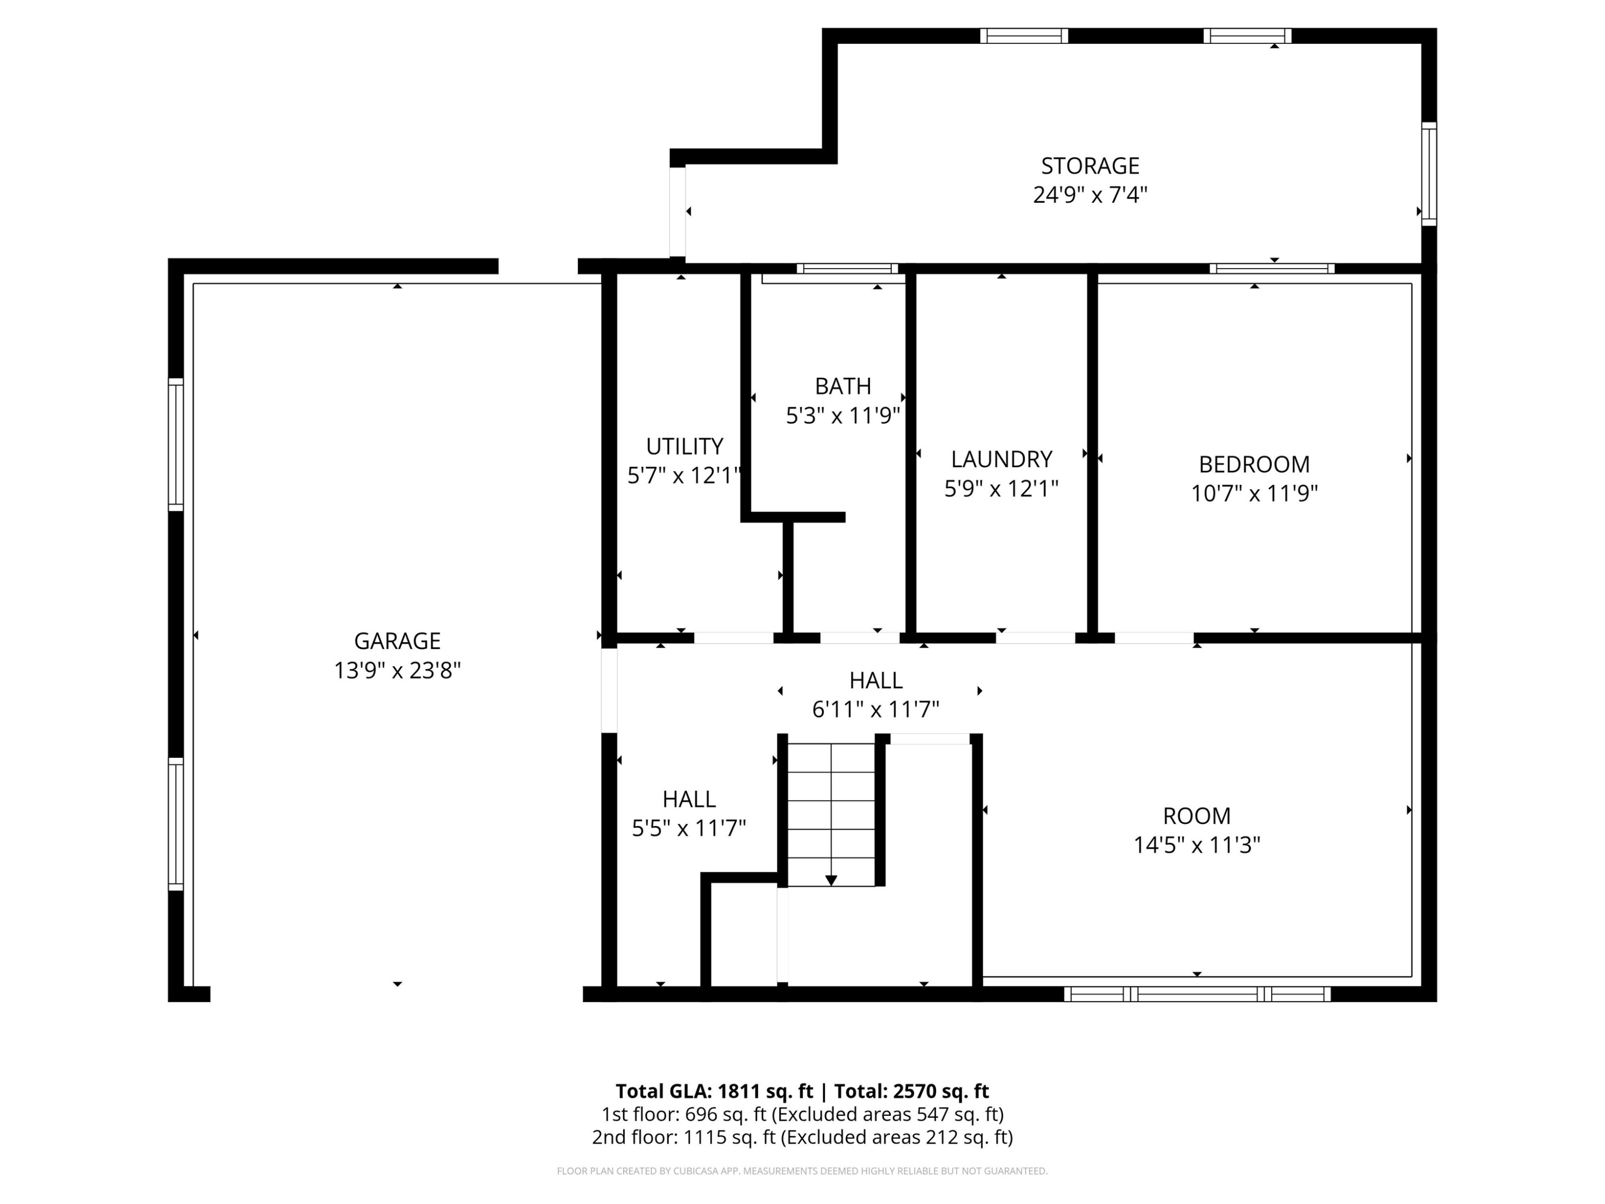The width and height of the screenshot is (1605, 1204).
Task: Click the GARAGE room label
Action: [x=397, y=641]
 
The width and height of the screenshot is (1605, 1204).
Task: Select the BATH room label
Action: [x=843, y=386]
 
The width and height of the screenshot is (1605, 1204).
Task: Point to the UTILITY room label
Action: [x=684, y=446]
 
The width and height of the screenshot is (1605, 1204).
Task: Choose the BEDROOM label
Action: [x=1254, y=464]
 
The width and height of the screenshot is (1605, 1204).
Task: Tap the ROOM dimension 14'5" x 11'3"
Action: [x=1196, y=845]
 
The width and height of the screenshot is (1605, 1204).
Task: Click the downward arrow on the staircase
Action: [x=831, y=880]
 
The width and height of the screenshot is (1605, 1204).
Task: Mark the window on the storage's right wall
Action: [x=1428, y=174]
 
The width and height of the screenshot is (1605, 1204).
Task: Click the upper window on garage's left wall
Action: [x=175, y=444]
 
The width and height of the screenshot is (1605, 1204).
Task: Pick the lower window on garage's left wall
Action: [x=175, y=823]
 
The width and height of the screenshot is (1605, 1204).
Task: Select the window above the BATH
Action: [x=847, y=269]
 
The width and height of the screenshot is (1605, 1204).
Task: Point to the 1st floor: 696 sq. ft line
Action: [x=802, y=1114]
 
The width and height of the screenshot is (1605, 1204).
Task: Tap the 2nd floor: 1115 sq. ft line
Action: [x=802, y=1137]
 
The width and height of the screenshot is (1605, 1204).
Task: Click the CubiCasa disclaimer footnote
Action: [x=802, y=1171]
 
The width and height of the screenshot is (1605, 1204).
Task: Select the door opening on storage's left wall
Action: [x=677, y=211]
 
